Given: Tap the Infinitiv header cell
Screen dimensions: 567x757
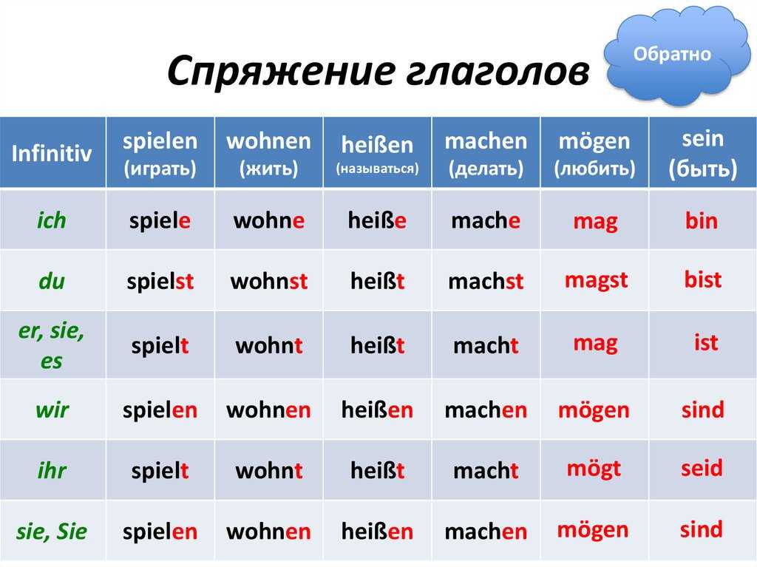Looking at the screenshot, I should tap(52, 154).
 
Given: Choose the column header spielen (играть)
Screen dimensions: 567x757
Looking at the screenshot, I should tap(160, 154).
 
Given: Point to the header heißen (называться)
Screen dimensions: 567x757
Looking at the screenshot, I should tap(377, 154).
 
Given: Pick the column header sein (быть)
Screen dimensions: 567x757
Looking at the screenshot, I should tap(703, 154).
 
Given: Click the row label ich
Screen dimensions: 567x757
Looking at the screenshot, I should tap(52, 220).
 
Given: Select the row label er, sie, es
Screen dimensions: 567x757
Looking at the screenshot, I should tap(52, 346).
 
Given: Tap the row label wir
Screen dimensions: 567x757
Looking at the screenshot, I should tap(52, 410).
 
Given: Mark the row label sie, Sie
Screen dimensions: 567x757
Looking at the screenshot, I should tap(52, 531).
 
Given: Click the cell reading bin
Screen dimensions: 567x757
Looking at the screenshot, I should tap(702, 220).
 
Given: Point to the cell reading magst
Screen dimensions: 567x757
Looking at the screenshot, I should tap(596, 280).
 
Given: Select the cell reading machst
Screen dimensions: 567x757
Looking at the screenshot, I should tap(486, 282).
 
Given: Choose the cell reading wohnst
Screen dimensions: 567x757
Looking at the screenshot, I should tap(269, 282).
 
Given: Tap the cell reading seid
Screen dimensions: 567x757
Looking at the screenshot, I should tap(702, 468).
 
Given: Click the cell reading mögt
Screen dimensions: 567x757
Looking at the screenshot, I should tap(594, 469).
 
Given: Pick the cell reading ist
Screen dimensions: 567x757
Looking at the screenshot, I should tap(706, 343).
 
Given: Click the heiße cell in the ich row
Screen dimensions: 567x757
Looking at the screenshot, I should tap(378, 220).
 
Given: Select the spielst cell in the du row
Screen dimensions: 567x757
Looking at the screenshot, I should tap(160, 282).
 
